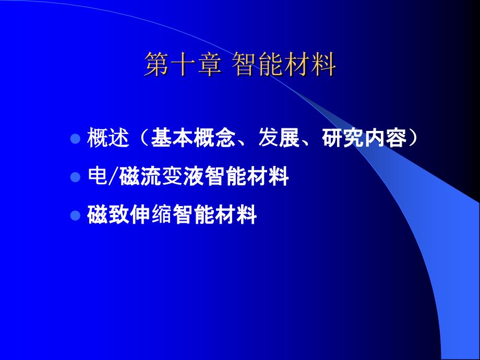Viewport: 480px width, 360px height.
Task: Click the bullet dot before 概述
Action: [x=75, y=139]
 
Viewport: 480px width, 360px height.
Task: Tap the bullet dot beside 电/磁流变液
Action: [x=75, y=177]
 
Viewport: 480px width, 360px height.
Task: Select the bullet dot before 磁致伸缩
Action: [x=75, y=215]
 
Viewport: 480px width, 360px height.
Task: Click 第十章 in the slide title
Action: [x=183, y=64]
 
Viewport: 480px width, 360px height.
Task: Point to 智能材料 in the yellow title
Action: [x=284, y=64]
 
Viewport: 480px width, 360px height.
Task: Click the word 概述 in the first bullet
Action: [x=108, y=138]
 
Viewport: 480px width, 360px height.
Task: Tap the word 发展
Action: [x=279, y=138]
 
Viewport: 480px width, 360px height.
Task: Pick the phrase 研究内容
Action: [x=364, y=138]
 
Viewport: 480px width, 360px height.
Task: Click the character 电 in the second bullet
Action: [x=98, y=176]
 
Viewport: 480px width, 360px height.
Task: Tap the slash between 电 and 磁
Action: [x=113, y=177]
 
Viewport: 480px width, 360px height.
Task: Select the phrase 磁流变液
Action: [x=161, y=176]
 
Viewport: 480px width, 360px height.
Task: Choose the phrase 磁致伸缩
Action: [x=129, y=214]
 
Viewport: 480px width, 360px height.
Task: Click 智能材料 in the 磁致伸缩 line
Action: [x=214, y=214]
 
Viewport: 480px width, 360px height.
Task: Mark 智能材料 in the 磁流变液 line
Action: [x=246, y=176]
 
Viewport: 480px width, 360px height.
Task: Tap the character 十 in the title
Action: [x=183, y=64]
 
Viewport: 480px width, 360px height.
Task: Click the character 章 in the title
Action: [x=210, y=64]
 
